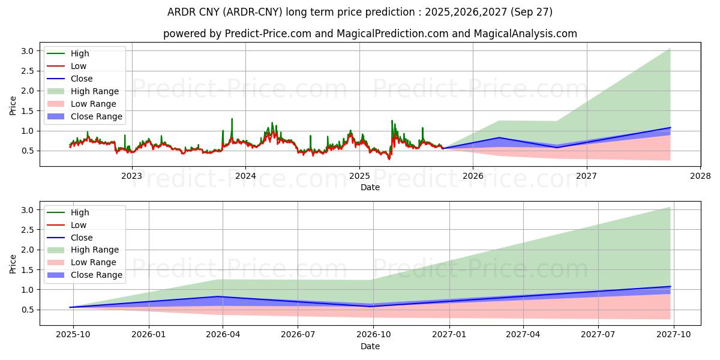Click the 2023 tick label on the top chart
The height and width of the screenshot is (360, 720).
(131, 176)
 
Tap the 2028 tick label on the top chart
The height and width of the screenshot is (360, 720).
(700, 176)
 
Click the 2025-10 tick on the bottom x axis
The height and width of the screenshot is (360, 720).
(72, 335)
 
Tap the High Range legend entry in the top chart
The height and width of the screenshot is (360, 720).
(95, 91)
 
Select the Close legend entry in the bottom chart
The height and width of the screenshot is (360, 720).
(82, 238)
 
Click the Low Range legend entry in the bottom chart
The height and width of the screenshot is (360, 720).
(94, 263)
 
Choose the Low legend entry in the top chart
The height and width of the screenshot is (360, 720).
(79, 66)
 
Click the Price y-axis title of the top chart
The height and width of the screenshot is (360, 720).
(13, 106)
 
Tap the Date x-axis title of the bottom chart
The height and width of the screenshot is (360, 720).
(370, 346)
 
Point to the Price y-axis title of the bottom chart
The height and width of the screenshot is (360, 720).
(13, 264)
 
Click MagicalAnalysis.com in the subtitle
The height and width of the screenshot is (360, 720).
(526, 34)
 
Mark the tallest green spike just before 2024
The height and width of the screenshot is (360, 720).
(232, 119)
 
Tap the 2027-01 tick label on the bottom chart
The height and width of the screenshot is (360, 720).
(449, 335)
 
